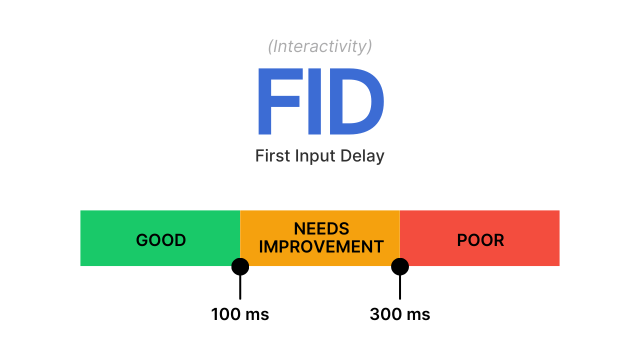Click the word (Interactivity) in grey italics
tap(320, 46)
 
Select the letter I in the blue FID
tap(314, 101)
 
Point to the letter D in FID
tap(357, 101)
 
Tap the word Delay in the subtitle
tap(362, 156)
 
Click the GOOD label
tap(161, 240)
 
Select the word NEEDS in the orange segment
tap(321, 228)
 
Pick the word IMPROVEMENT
tap(321, 246)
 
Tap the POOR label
tap(480, 240)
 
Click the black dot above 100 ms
tap(240, 266)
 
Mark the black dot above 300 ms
tap(400, 266)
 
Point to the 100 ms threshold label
tap(240, 314)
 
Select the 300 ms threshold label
tap(400, 314)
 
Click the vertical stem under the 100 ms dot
tap(240, 287)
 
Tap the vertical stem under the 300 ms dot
tap(400, 287)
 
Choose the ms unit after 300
tap(418, 316)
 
